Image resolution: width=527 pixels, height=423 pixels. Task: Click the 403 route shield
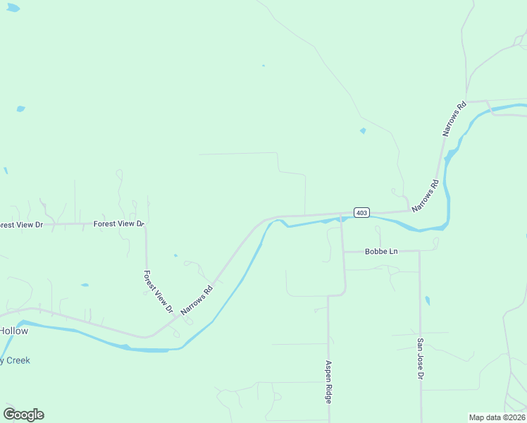[361, 212]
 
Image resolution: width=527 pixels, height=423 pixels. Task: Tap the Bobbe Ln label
[381, 251]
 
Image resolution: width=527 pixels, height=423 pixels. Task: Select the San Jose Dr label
[420, 358]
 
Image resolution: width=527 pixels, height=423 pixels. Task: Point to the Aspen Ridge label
[328, 381]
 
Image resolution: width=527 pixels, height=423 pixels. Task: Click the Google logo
[23, 415]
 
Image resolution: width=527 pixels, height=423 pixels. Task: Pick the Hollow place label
[13, 331]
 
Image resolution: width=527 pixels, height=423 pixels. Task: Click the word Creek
[17, 360]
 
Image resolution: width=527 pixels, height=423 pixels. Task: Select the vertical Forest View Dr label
[158, 291]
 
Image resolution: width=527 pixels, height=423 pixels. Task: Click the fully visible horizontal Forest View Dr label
[118, 223]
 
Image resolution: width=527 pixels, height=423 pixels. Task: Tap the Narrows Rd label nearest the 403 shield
[426, 195]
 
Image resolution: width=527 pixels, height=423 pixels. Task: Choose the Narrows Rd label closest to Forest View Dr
[197, 300]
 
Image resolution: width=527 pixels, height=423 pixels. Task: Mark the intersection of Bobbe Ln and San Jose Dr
[420, 251]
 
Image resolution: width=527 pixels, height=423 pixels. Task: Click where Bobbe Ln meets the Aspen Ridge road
[343, 251]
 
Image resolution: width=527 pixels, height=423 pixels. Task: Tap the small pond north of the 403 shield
[363, 130]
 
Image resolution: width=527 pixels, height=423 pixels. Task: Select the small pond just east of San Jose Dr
[428, 301]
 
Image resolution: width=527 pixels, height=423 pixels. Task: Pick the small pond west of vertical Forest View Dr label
[85, 285]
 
